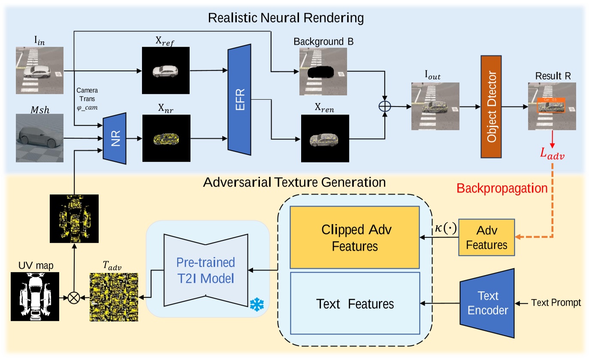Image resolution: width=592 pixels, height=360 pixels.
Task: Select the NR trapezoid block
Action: [x=115, y=138]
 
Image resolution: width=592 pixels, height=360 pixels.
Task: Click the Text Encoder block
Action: [x=488, y=303]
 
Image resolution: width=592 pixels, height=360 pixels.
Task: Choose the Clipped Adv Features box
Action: [x=354, y=237]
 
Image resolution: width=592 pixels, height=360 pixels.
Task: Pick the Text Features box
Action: [x=354, y=304]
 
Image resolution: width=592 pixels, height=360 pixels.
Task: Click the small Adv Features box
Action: [x=487, y=238]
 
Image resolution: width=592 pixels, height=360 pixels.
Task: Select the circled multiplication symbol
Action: [x=74, y=296]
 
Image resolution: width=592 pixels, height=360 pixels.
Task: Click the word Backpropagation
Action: [x=502, y=189]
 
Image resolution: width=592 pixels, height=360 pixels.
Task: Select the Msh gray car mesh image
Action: [x=39, y=138]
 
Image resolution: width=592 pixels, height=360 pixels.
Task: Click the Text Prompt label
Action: [x=556, y=303]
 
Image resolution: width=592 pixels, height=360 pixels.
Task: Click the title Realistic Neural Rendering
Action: [x=286, y=18]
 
